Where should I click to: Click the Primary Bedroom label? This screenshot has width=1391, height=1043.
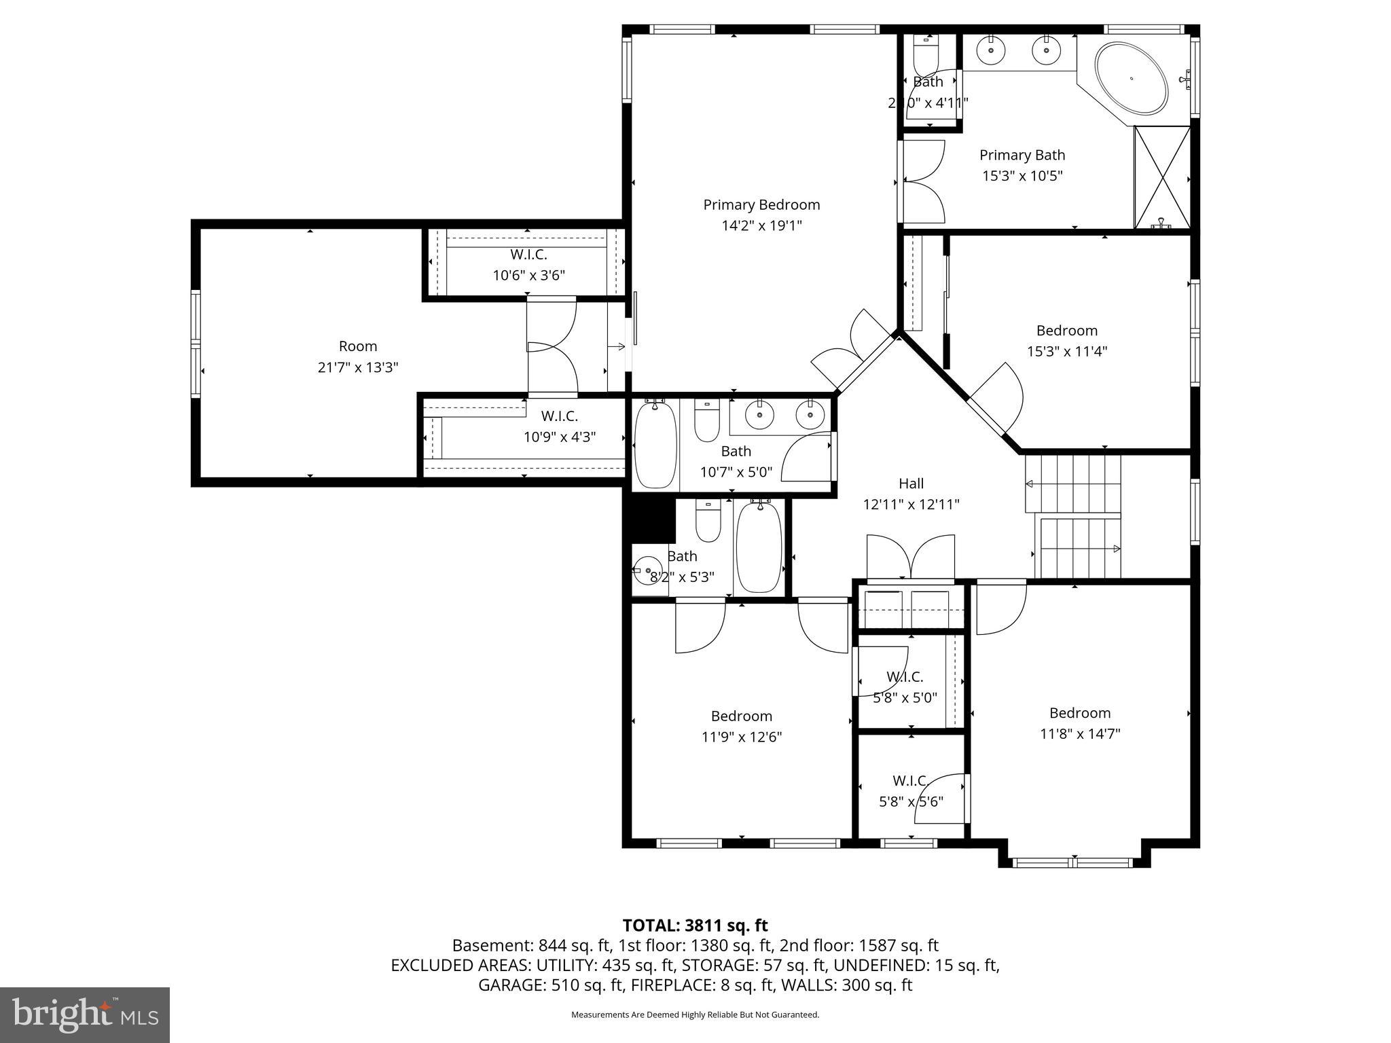761,205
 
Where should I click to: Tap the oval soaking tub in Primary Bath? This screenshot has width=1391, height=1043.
1131,78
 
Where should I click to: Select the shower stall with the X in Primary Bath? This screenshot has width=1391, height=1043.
1162,177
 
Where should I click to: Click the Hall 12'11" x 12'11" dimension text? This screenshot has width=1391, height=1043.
911,505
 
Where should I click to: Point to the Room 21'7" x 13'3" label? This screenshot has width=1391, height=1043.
358,356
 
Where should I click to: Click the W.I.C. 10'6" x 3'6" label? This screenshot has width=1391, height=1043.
528,265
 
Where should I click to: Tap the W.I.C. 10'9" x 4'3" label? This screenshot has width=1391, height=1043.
559,426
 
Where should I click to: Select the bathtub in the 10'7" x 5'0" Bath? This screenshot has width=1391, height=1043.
655,443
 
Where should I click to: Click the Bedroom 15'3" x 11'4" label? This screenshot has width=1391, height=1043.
1066,341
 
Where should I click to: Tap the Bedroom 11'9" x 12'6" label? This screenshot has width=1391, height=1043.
741,726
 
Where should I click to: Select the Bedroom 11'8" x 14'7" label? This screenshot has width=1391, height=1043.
1079,722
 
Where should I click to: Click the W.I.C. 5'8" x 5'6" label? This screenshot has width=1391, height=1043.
911,791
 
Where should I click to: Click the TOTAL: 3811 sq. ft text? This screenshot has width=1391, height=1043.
695,926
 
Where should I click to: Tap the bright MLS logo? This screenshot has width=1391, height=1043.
85,1014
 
